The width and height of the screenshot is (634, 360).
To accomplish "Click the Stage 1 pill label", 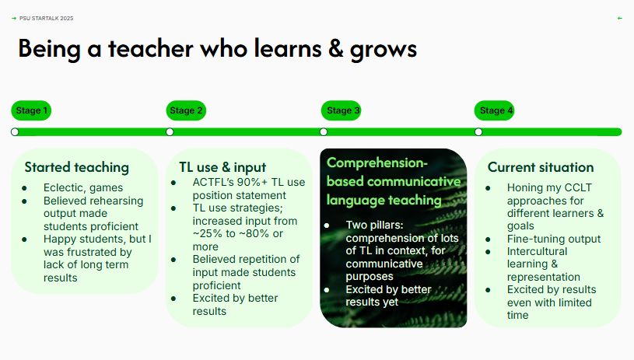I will point(32,110).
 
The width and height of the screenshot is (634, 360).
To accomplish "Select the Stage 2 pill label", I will point(186,110).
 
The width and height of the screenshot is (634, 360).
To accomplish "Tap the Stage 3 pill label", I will point(342,110).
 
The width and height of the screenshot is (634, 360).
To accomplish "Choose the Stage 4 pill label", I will point(496,110).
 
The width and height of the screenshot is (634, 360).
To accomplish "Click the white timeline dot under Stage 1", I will point(15,132).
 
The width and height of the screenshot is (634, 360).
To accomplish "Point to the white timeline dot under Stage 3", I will point(324,132).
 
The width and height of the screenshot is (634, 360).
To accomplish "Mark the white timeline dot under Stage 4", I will point(478,132).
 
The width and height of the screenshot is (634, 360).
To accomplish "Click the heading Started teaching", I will point(76,167).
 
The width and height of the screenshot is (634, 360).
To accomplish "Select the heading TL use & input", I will point(222,167).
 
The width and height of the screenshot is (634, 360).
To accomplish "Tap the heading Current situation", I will point(540,167).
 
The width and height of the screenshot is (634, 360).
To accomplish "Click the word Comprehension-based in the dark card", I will point(377,163).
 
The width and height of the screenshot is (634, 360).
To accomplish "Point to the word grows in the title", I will point(383,50).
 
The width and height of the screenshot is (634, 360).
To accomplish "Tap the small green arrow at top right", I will point(619,18).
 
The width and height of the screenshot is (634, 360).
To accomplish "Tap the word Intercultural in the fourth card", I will point(537,251).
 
